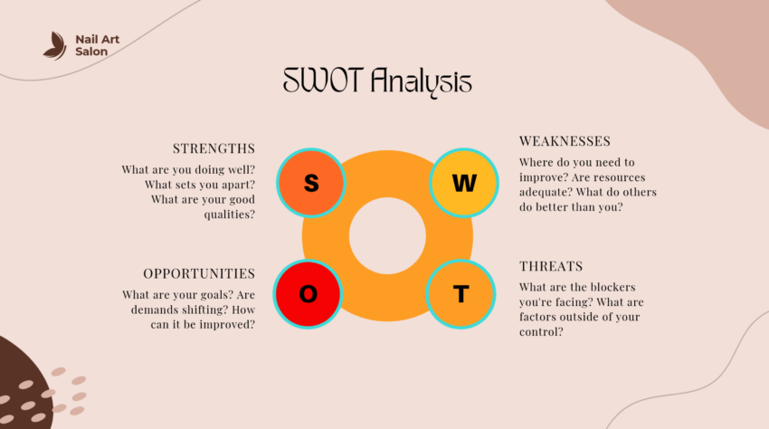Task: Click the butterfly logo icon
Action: point(55,45)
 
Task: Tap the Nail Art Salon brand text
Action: point(98,45)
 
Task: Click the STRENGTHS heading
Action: point(214,148)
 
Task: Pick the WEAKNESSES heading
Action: point(565,141)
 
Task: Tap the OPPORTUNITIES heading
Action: point(199,273)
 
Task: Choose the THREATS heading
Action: point(551,266)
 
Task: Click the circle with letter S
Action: point(311,183)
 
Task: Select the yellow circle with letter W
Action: point(463,183)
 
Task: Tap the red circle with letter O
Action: point(309,293)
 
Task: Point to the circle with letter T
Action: point(461,293)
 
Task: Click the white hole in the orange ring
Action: point(387,238)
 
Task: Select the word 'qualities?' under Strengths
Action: point(227,214)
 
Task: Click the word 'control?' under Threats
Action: point(542,332)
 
